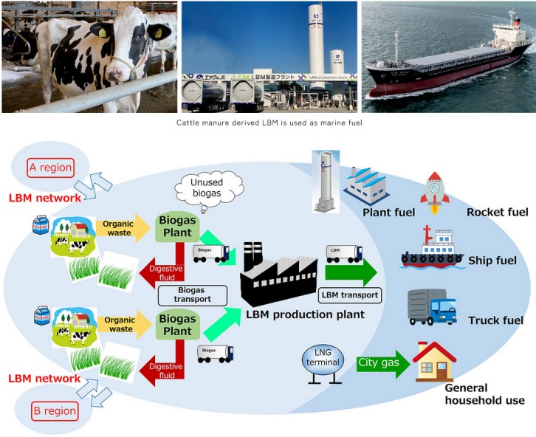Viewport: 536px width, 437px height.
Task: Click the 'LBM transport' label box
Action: [349, 295]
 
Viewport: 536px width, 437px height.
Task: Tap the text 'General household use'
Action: [484, 393]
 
